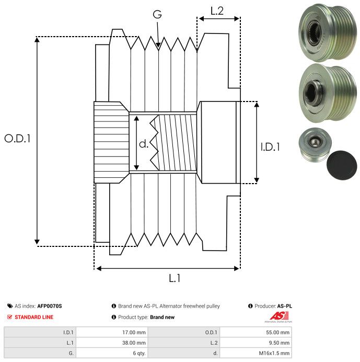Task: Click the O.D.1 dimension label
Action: click(x=18, y=139)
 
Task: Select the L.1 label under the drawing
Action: click(x=175, y=278)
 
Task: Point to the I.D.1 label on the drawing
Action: click(x=270, y=147)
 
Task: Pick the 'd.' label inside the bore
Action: click(x=144, y=143)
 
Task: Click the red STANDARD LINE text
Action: click(x=34, y=317)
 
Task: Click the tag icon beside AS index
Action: click(x=10, y=306)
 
